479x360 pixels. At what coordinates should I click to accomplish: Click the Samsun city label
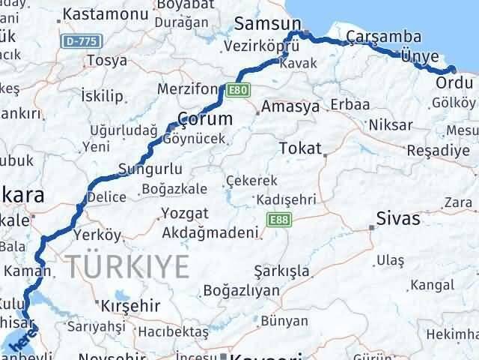(267, 23)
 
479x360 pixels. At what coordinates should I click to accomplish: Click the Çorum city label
(204, 118)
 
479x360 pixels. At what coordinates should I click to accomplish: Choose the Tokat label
(299, 148)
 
